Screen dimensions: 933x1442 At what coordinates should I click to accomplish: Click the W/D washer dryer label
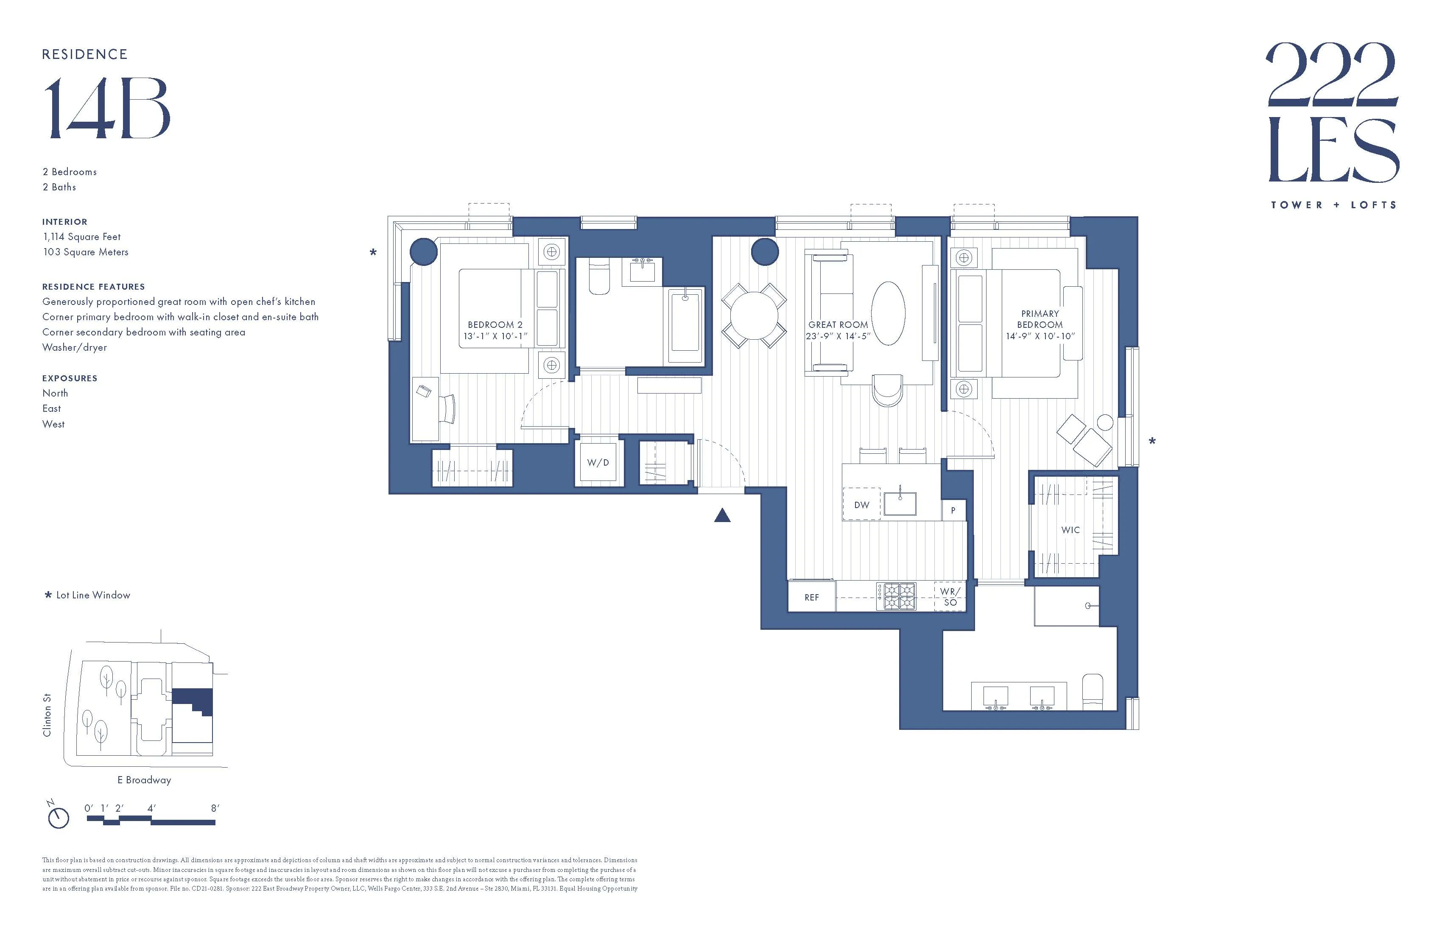[598, 463]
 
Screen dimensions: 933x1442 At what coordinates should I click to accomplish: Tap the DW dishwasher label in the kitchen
[861, 505]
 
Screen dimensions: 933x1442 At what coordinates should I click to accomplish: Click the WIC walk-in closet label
[1070, 530]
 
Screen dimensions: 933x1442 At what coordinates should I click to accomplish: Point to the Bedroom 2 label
[495, 325]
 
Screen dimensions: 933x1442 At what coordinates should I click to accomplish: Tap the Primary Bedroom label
[1040, 319]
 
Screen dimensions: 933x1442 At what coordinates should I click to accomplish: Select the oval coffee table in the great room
[888, 313]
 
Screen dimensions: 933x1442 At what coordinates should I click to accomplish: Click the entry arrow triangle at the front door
[722, 516]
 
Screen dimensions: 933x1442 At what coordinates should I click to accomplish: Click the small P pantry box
[953, 511]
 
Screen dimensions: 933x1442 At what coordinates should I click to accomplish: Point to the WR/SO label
[950, 597]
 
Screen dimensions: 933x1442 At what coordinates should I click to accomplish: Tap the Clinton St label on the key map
[47, 715]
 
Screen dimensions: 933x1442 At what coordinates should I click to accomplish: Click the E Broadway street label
[144, 780]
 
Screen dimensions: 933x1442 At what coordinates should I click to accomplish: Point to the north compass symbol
[58, 816]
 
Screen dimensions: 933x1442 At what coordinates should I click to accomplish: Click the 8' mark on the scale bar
[215, 809]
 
